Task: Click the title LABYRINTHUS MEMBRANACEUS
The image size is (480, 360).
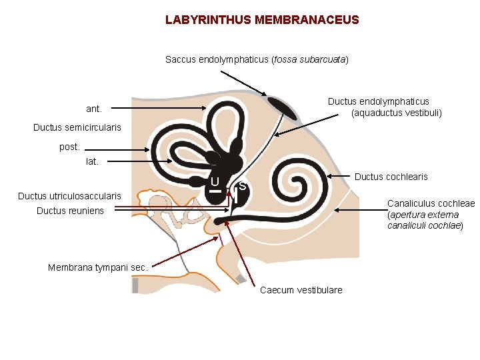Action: click(262, 20)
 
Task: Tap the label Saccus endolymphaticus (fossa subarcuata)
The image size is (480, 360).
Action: click(257, 59)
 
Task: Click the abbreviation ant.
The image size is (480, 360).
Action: click(94, 109)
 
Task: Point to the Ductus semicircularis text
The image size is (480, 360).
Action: click(77, 127)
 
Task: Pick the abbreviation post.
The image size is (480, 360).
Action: click(69, 146)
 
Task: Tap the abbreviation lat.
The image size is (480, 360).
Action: click(92, 161)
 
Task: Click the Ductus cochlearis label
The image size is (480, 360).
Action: click(391, 177)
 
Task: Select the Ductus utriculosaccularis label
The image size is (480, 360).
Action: click(69, 196)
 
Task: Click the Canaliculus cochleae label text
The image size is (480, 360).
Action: click(431, 203)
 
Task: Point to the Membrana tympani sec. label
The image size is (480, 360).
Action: click(97, 267)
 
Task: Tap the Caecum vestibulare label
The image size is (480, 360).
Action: click(301, 290)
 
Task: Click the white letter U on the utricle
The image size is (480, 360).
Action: click(215, 182)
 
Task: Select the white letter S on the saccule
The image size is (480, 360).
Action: click(243, 186)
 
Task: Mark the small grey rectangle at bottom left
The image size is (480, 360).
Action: click(135, 285)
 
